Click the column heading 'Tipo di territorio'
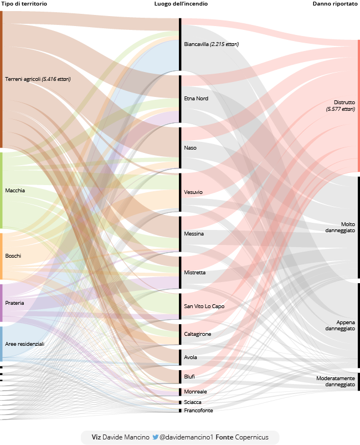[24, 4]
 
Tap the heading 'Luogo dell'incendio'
[181, 4]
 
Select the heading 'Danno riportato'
[336, 4]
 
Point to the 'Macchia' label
[15, 191]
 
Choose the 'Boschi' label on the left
[13, 256]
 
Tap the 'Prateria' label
[14, 303]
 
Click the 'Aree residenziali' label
[25, 344]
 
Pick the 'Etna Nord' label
[196, 99]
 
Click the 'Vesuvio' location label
[193, 192]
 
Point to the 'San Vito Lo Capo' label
[204, 306]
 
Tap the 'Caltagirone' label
[198, 334]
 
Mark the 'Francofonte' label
[198, 411]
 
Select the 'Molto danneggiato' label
[341, 227]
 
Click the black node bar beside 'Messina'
[180, 234]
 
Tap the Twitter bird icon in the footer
[156, 437]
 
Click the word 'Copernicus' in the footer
[252, 437]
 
